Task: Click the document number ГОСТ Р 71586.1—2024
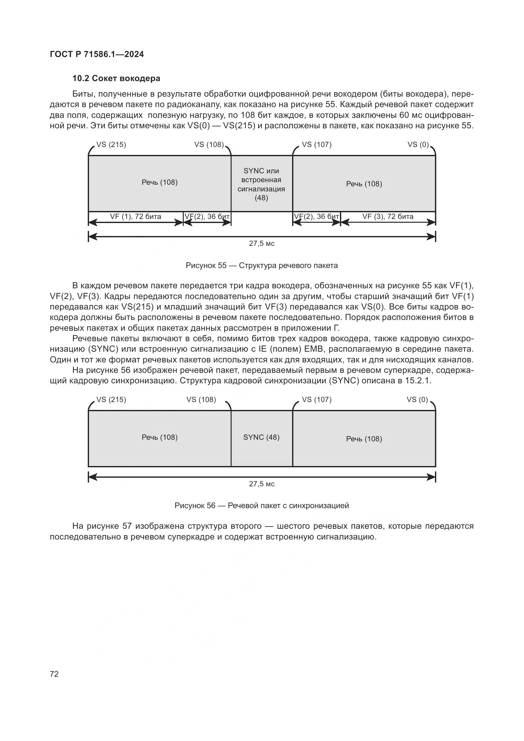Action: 97,54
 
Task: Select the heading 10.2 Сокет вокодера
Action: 116,79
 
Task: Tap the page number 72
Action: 54,674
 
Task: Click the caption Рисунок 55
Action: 261,265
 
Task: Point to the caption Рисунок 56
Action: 261,505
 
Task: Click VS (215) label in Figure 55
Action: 111,144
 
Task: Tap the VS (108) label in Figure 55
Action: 209,144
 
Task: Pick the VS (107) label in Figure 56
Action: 316,399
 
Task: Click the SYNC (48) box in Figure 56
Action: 261,437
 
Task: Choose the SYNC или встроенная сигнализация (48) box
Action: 261,184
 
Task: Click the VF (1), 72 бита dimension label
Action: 136,217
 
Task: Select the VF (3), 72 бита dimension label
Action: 387,217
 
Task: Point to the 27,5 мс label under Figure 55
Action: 262,244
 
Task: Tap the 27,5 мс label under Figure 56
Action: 262,484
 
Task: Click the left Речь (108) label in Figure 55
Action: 160,182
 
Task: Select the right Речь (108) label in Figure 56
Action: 364,439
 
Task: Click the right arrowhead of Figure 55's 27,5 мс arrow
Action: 431,237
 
